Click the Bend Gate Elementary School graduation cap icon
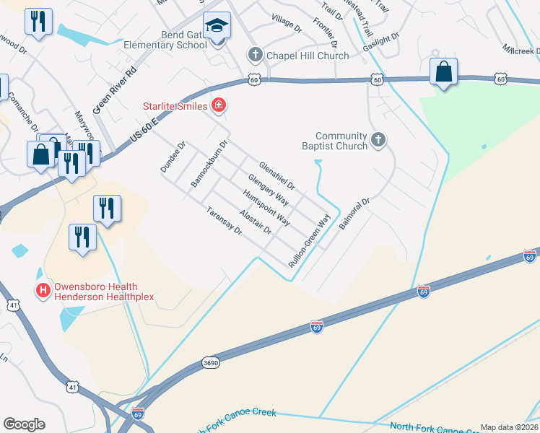pos(217,27)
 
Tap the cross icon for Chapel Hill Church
pos(254,54)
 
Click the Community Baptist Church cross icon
pos(377,141)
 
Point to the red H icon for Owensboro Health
pos(43,292)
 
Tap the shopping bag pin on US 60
pos(443,71)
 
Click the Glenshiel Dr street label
pos(277,176)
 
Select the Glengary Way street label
pos(268,190)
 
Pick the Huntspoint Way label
pos(266,208)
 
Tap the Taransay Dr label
pos(223,220)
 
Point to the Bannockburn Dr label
pos(209,164)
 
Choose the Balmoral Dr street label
pos(354,214)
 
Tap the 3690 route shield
pos(210,361)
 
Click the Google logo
pos(24,424)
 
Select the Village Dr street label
pos(287,25)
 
